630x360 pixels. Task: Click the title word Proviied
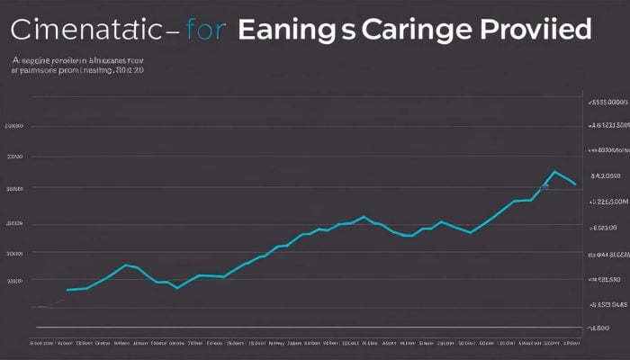tap(534, 30)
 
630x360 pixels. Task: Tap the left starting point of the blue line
tap(67, 290)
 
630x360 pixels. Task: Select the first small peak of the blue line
tap(126, 265)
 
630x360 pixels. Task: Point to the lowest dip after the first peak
tap(177, 287)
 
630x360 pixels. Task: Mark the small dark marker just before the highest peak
tap(544, 186)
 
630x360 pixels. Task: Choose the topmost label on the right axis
tap(607, 103)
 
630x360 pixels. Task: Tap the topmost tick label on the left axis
tap(14, 127)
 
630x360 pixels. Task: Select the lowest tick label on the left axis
tap(14, 281)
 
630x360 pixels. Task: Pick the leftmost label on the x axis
tap(41, 343)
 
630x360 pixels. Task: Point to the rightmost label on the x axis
tap(570, 343)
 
